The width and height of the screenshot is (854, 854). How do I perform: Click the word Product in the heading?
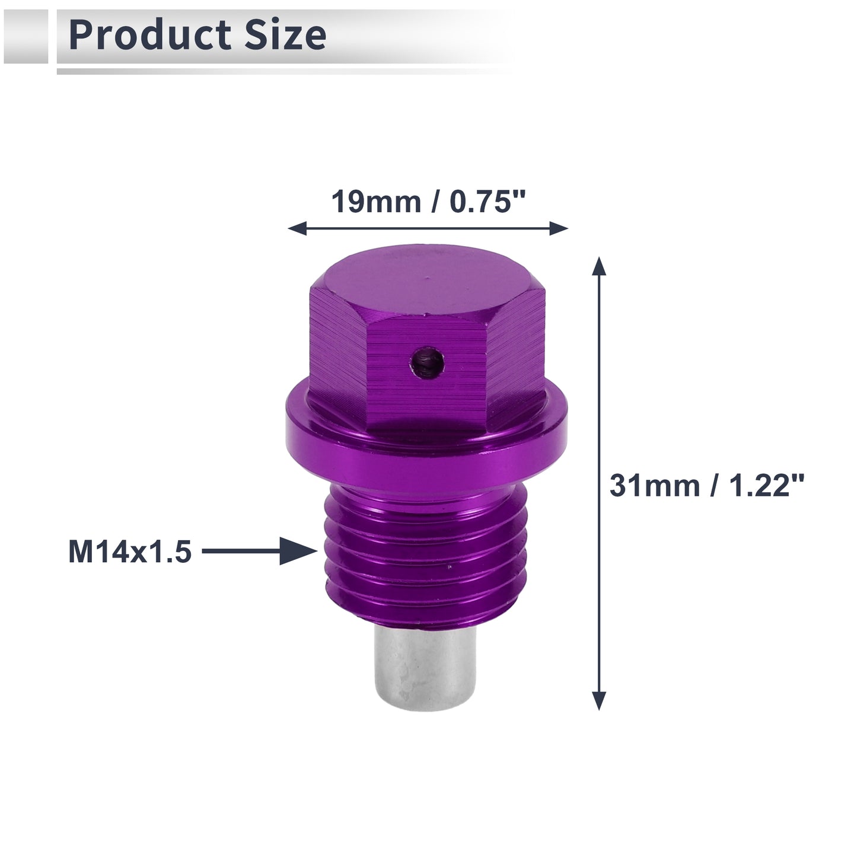(150, 35)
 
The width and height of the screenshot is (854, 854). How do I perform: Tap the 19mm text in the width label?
(376, 202)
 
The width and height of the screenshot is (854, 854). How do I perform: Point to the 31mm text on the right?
(654, 486)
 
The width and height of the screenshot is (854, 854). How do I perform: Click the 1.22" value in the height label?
(766, 486)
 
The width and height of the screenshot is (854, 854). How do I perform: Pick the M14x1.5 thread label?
(130, 552)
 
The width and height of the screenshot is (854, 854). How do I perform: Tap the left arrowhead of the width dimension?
(297, 229)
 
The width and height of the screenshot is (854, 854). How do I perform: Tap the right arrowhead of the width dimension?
(559, 229)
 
